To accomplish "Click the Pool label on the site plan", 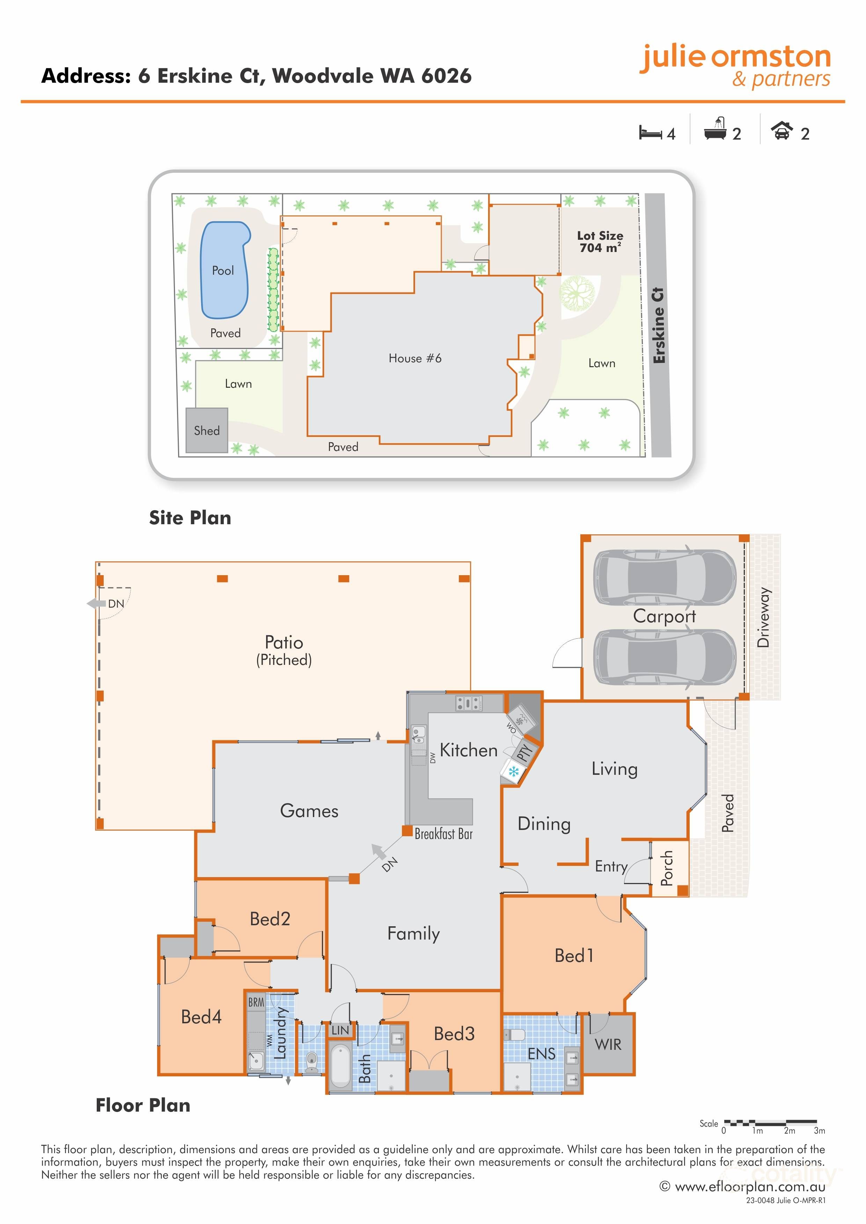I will [x=223, y=271].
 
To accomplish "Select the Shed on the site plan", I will [x=207, y=430].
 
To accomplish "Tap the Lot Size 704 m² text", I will [x=600, y=242].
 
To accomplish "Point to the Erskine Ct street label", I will [x=659, y=325].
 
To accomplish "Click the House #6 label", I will [x=415, y=358].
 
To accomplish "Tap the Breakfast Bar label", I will [x=444, y=834].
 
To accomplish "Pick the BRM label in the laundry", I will [x=256, y=1002].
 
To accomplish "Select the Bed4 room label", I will [x=201, y=1017].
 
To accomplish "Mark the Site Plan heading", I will [x=190, y=518].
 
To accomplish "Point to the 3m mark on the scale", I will [x=819, y=1131].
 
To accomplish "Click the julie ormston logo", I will [x=735, y=65].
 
